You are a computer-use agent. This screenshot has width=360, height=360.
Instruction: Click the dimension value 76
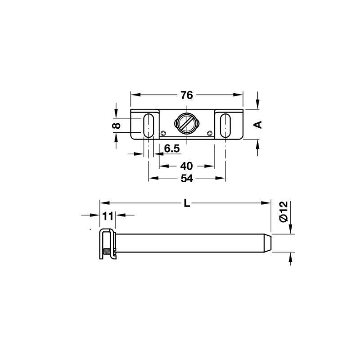(186, 95)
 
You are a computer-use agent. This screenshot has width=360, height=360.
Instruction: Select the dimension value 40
(186, 166)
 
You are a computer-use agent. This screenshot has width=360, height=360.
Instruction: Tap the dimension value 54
(186, 178)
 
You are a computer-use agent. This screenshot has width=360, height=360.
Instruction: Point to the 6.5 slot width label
(172, 148)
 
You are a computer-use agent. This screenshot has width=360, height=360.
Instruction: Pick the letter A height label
(258, 125)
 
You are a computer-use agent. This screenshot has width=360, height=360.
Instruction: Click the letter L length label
(187, 203)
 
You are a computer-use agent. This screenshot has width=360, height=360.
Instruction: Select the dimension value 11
(107, 216)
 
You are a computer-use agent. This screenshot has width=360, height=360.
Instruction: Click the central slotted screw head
(186, 122)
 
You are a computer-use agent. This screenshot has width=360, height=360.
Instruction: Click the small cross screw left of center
(163, 133)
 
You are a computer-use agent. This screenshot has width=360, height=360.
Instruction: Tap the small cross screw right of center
(210, 133)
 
